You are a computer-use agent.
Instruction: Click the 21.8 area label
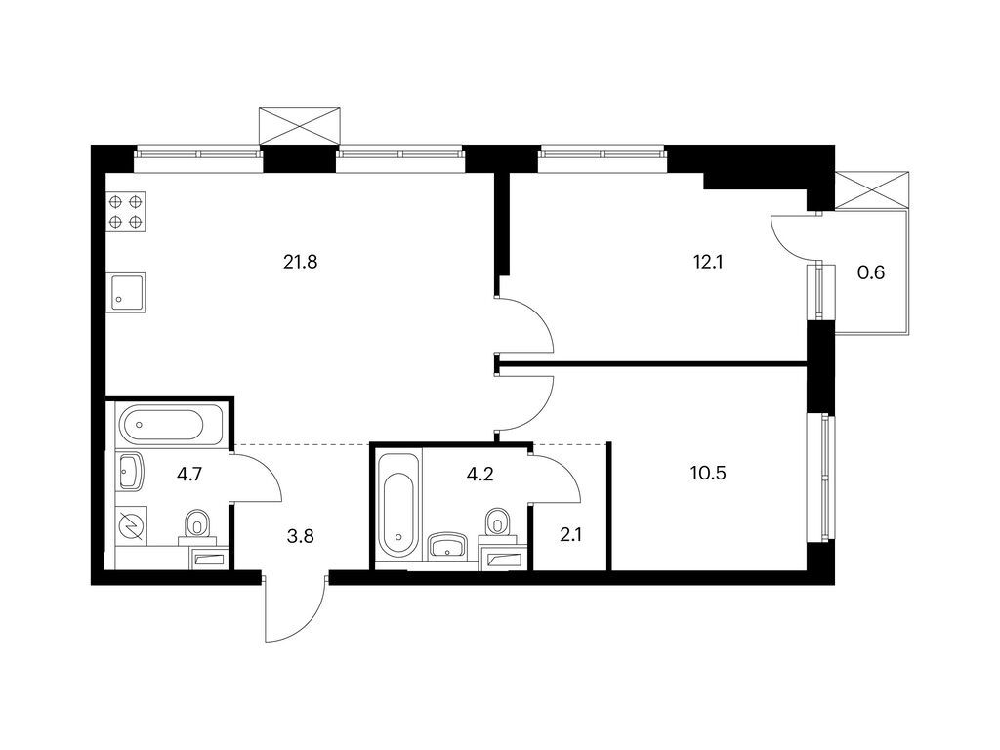coord(301,262)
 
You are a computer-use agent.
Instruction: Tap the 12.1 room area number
coord(708,262)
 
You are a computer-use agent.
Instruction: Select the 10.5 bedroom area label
coord(708,474)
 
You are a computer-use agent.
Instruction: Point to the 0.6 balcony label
coord(870,273)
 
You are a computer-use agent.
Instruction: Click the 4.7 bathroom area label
coord(189,475)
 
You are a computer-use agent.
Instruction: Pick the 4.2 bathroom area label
coord(480,475)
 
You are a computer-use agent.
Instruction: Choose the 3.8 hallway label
coord(301,536)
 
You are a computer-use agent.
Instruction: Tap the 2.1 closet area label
coord(570,535)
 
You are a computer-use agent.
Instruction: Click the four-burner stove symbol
coord(126,212)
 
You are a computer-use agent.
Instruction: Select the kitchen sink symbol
coord(128,292)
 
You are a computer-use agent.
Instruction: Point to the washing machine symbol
coord(132,526)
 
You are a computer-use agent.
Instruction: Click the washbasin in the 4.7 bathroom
coord(130,472)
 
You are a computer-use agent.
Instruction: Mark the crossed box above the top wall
coord(300,126)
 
